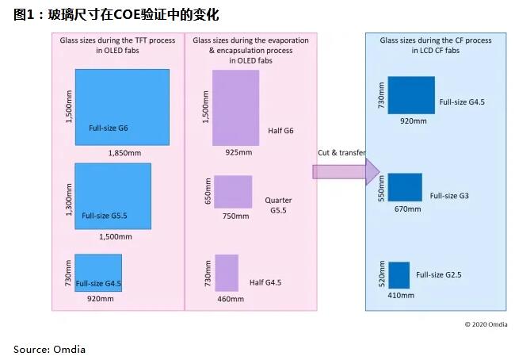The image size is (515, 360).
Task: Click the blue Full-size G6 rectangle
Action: [x=122, y=106]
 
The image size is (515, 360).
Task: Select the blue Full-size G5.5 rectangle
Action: [x=113, y=196]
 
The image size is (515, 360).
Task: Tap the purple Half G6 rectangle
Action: [x=236, y=108]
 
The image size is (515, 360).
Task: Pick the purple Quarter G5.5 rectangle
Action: [x=233, y=192]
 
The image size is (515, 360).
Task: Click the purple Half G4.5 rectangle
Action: [x=227, y=273]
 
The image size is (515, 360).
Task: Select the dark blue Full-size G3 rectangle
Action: [x=404, y=187]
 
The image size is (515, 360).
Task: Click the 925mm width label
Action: [x=238, y=152]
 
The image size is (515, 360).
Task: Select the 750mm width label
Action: [x=234, y=215]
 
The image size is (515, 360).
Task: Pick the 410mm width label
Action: [x=401, y=296]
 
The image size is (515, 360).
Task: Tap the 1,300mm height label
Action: [x=69, y=196]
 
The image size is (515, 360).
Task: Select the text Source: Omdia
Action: [x=49, y=349]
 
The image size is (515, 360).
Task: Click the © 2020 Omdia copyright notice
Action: [x=486, y=324]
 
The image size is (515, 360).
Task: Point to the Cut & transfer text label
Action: [x=341, y=152]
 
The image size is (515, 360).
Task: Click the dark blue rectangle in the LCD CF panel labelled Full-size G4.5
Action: [x=411, y=95]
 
